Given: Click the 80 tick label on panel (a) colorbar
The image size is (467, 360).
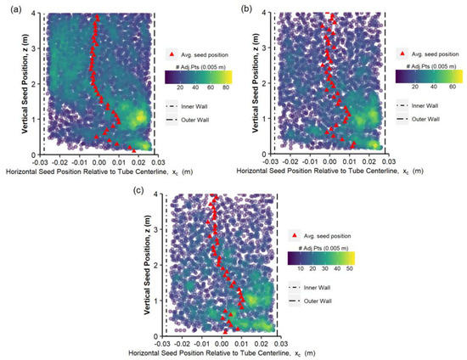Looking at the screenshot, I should [224, 86].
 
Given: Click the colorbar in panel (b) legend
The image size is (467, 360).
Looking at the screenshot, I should [428, 75].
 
